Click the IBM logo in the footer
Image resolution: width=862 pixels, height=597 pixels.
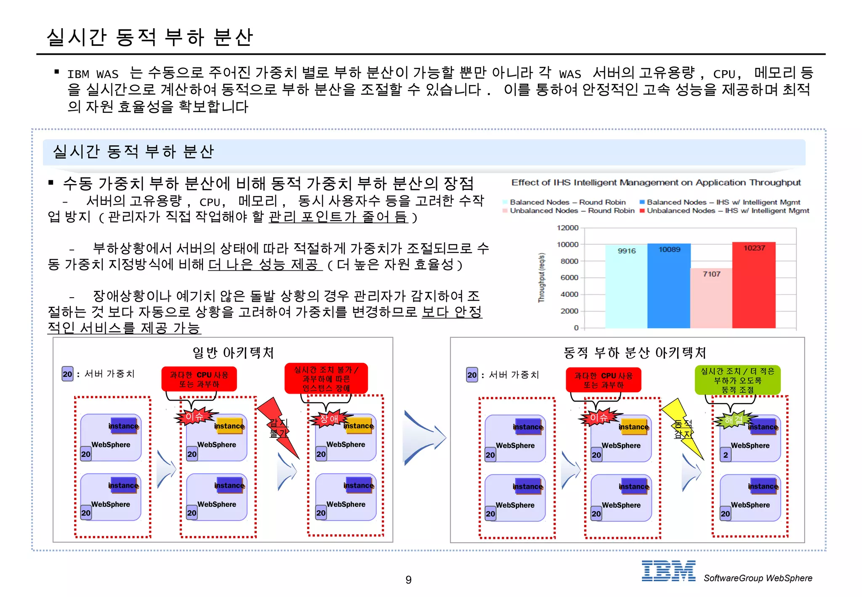[668, 571]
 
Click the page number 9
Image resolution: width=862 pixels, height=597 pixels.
[408, 580]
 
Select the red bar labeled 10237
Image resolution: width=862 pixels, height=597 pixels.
[753, 286]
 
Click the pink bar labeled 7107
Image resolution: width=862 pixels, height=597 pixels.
[711, 299]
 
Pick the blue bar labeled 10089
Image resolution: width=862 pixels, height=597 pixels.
[669, 286]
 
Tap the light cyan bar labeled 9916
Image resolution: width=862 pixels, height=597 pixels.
[626, 286]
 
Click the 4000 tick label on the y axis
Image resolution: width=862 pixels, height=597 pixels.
[569, 294]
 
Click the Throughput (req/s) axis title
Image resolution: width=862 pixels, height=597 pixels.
[542, 277]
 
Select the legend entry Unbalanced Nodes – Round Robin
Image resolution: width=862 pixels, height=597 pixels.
[572, 211]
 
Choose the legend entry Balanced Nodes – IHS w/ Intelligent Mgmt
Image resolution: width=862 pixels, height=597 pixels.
[723, 202]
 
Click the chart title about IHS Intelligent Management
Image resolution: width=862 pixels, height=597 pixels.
[656, 182]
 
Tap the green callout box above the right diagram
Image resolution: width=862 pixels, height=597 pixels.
[737, 380]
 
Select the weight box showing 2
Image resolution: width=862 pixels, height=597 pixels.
[725, 455]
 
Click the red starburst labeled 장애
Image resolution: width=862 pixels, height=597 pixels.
[329, 418]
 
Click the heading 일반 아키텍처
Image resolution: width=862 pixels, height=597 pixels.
[233, 352]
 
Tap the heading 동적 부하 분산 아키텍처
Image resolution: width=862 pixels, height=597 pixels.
[635, 352]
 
